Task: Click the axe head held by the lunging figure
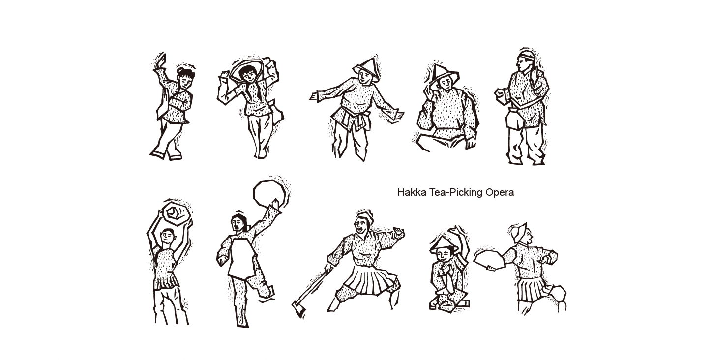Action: (298, 309)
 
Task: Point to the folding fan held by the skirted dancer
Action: (489, 259)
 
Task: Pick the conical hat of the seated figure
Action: (444, 75)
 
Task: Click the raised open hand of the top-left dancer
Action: (161, 60)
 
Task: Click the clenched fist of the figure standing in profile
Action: (501, 94)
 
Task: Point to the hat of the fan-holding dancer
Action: (519, 233)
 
